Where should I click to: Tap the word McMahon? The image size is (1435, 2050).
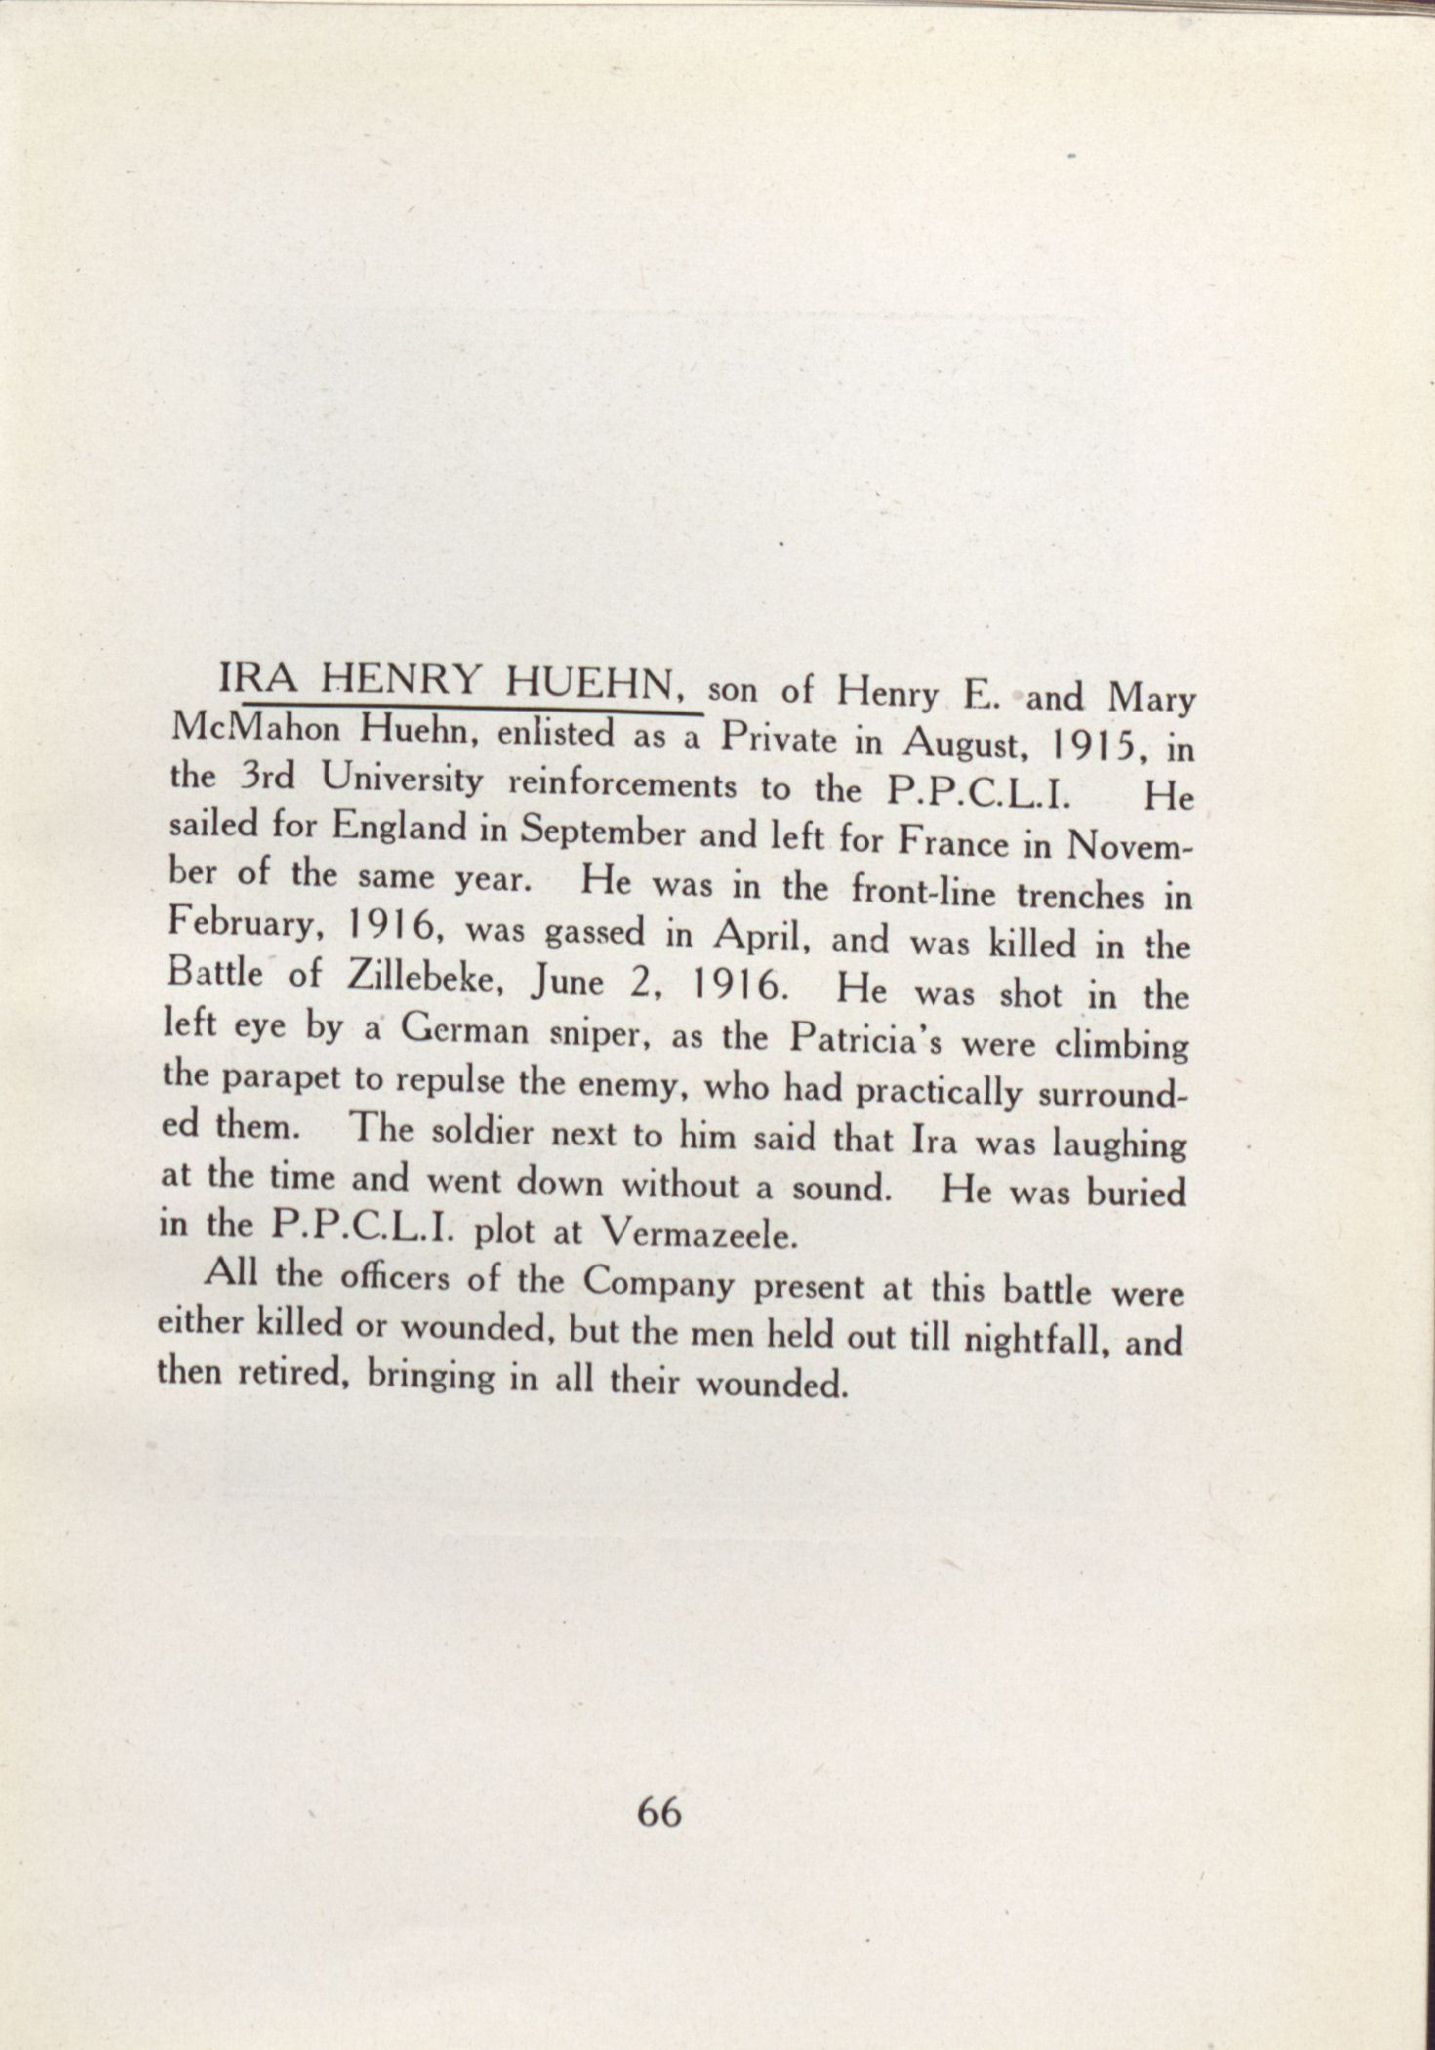click(x=258, y=727)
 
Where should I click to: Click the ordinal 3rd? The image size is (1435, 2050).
click(x=264, y=776)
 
